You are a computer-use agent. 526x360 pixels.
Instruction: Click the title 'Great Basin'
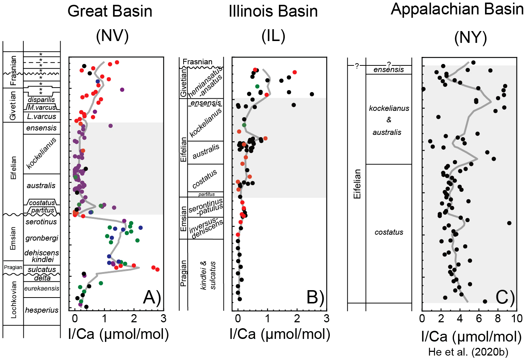[110, 11]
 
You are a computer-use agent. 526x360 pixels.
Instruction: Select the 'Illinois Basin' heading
[273, 11]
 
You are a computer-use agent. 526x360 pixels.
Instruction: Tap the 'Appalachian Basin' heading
[457, 9]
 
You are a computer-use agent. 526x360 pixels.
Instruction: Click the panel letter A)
[152, 297]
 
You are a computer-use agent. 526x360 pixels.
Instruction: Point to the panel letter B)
[315, 297]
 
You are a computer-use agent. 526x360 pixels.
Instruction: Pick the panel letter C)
[505, 297]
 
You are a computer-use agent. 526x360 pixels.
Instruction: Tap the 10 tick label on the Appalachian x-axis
[517, 319]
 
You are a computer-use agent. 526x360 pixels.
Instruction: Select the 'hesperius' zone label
[42, 310]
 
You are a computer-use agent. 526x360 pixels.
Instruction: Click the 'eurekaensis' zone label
[42, 288]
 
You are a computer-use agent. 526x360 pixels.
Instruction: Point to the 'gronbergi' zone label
[42, 238]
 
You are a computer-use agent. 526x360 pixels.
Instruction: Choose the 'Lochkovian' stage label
[14, 299]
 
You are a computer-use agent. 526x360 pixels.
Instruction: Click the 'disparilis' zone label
[41, 99]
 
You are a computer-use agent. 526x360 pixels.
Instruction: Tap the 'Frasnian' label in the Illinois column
[198, 62]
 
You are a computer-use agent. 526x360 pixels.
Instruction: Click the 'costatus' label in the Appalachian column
[389, 232]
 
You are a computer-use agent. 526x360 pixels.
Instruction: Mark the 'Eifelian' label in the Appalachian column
[357, 184]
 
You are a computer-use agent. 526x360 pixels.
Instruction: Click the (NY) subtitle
[470, 37]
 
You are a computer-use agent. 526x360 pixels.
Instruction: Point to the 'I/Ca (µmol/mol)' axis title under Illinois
[280, 334]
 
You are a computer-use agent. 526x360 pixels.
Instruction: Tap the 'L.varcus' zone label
[42, 116]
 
